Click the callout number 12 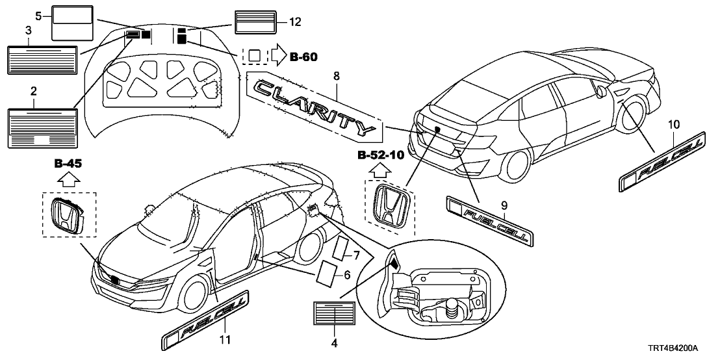(296, 22)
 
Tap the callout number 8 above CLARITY (336, 76)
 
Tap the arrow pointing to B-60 (277, 57)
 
